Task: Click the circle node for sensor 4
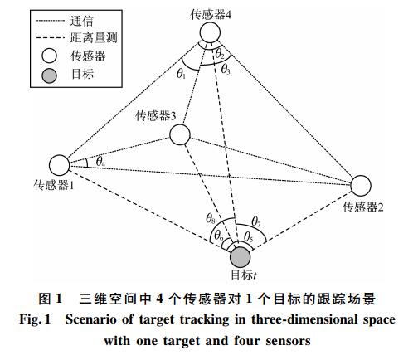[x=210, y=32]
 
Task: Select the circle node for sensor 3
[x=180, y=134]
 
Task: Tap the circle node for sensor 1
[x=60, y=165]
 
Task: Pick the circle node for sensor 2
[x=361, y=186]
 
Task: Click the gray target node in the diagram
[x=240, y=257]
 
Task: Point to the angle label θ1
[x=181, y=74]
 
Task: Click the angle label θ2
[x=220, y=54]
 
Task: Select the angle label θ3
[x=226, y=69]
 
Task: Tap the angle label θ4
[x=100, y=162]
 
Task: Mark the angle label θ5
[x=249, y=236]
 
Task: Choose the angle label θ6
[x=219, y=236]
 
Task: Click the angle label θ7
[x=256, y=221]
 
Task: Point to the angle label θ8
[x=211, y=219]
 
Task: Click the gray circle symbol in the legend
[x=49, y=75]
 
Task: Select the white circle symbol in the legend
[x=49, y=56]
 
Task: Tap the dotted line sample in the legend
[x=50, y=21]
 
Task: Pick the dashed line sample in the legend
[x=50, y=38]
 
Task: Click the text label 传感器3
[x=156, y=115]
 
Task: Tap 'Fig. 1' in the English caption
[x=35, y=320]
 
